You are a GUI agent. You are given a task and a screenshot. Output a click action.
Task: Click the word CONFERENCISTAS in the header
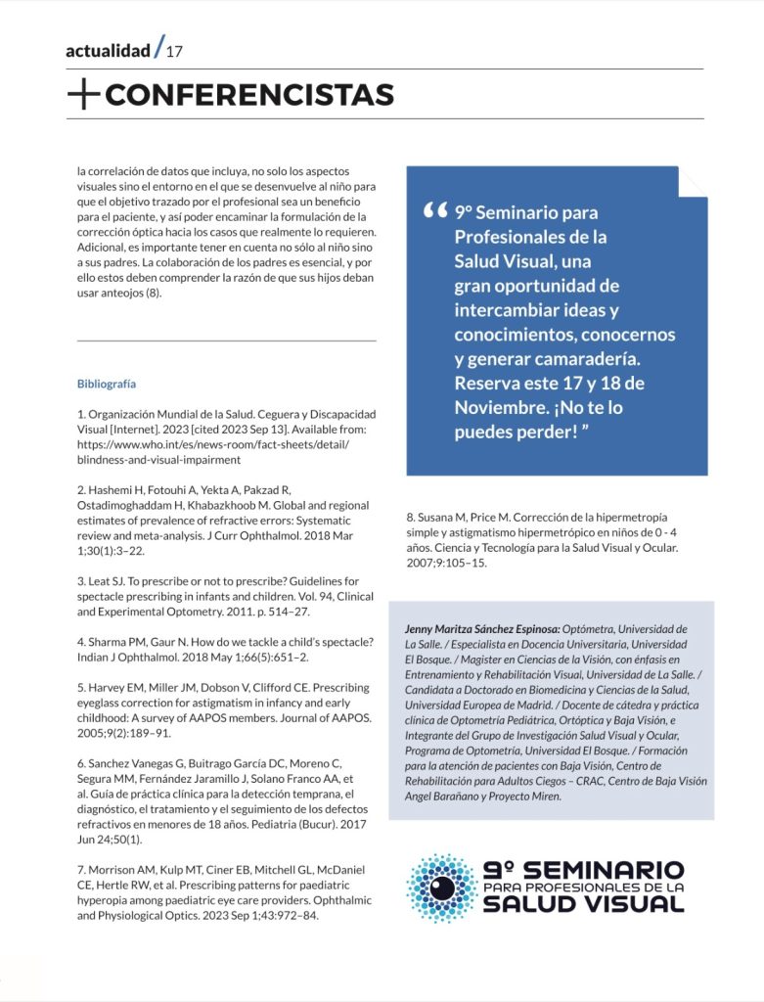pyautogui.click(x=248, y=95)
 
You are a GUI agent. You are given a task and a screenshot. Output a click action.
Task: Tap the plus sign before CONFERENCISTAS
pyautogui.click(x=84, y=95)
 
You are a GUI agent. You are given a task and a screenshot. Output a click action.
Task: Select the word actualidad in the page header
pyautogui.click(x=108, y=51)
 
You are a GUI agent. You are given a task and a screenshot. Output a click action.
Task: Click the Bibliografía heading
pyautogui.click(x=107, y=383)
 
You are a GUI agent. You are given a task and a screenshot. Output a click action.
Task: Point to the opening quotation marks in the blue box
pyautogui.click(x=435, y=211)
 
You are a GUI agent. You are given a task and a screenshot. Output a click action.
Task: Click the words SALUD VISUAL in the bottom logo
pyautogui.click(x=583, y=903)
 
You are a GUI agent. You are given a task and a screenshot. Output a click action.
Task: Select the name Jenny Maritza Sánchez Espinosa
pyautogui.click(x=481, y=629)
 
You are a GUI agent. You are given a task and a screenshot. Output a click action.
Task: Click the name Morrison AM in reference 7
pyautogui.click(x=122, y=869)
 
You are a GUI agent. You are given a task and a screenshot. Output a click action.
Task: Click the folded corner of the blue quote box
pyautogui.click(x=692, y=181)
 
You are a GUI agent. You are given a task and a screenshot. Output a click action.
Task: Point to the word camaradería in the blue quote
pyautogui.click(x=606, y=358)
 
